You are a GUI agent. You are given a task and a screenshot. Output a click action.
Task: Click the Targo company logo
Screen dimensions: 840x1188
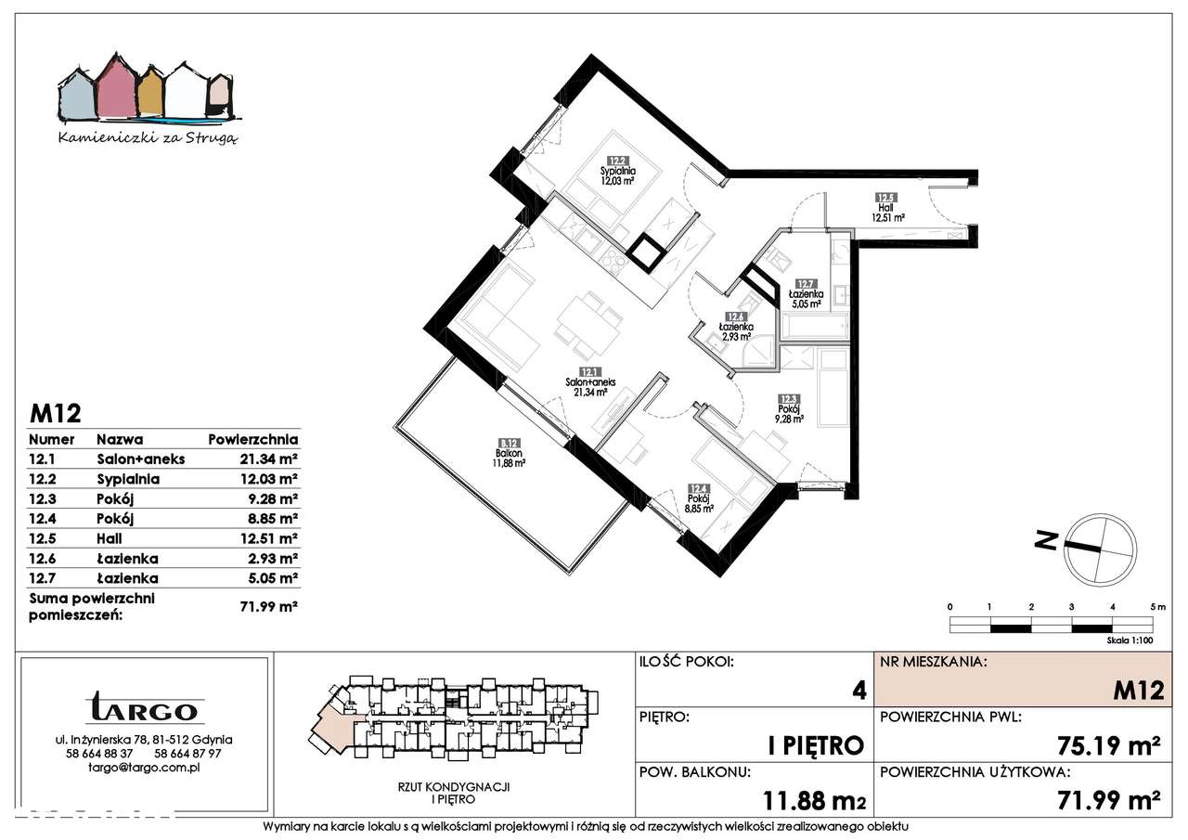coord(144,709)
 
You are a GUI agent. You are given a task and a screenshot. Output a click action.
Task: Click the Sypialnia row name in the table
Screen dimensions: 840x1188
coord(128,479)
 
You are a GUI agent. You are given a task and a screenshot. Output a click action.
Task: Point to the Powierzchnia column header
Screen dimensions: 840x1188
coord(252,439)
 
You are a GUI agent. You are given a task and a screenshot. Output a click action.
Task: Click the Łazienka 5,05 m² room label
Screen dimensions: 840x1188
coord(807,294)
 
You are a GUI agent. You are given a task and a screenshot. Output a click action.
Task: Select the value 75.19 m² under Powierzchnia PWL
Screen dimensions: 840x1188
coord(1109,744)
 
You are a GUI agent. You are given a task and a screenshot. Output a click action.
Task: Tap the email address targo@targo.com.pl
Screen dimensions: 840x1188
coord(144,768)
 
